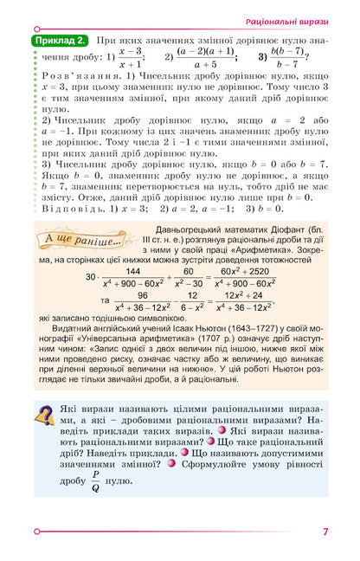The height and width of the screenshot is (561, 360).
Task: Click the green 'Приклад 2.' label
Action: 59,42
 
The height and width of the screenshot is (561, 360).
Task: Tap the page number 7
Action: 325,532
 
